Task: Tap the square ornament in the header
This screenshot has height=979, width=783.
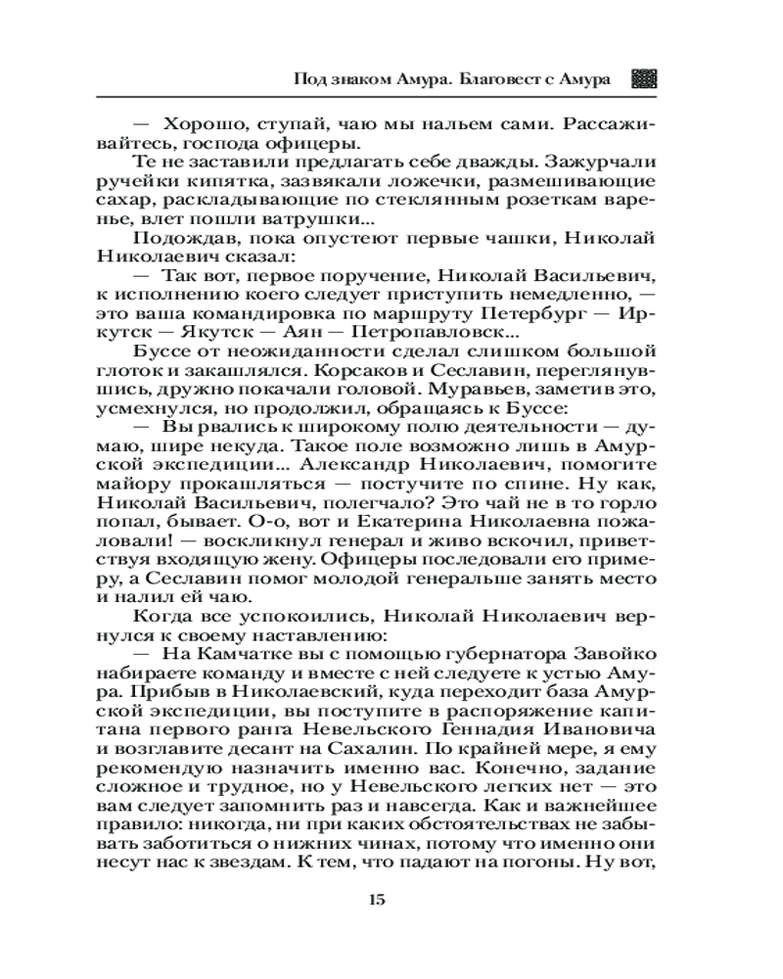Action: point(642,79)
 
